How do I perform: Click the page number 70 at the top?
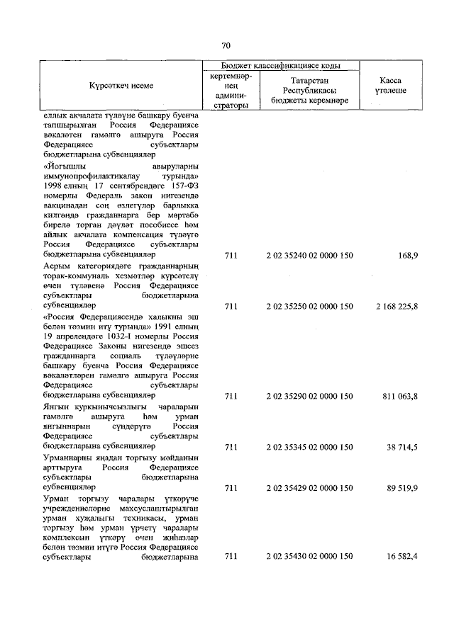coord(226,45)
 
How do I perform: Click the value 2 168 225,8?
coord(394,306)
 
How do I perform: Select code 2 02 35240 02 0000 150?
coord(309,254)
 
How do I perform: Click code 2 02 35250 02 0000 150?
coord(309,306)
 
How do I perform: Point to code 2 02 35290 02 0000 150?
coord(309,395)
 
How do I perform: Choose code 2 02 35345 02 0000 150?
coord(309,447)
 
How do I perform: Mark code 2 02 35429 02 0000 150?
coord(309,488)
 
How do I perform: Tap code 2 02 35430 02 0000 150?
coord(309,557)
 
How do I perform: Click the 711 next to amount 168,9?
coord(230,254)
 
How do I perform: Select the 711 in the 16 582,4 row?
coord(230,557)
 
